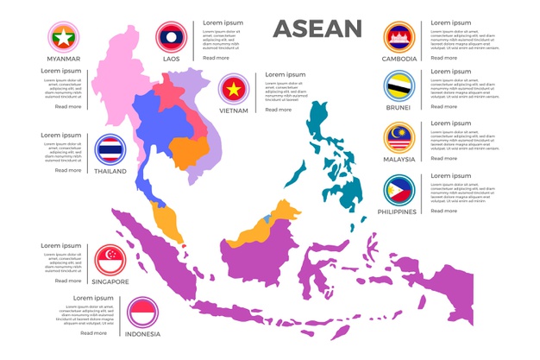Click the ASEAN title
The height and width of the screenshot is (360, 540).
click(x=317, y=28)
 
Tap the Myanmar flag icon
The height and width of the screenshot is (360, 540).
click(x=62, y=37)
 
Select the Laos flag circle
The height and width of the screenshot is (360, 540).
click(x=171, y=37)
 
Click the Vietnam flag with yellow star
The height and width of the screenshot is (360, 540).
click(x=233, y=89)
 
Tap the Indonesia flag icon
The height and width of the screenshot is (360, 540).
click(x=142, y=312)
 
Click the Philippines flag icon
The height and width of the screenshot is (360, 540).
click(x=399, y=190)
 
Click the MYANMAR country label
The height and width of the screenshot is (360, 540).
click(x=62, y=59)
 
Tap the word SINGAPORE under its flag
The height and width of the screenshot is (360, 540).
click(x=110, y=281)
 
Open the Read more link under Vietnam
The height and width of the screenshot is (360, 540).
click(x=278, y=110)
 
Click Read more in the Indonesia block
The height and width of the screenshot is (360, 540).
click(x=93, y=332)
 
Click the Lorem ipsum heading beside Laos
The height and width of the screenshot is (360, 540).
click(x=223, y=22)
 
